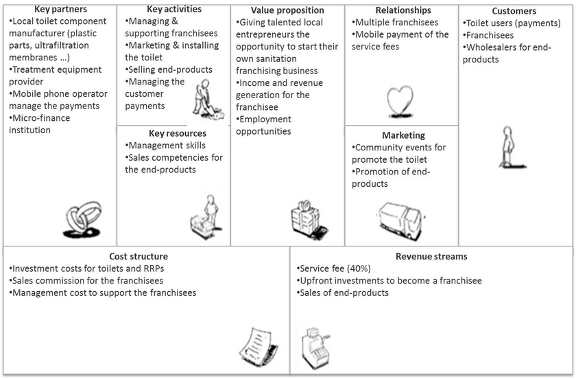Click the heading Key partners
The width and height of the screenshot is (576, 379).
(60, 9)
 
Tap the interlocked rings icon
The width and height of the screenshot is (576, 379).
(82, 219)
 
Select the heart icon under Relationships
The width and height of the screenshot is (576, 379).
(400, 102)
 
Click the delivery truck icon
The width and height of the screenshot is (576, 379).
(400, 221)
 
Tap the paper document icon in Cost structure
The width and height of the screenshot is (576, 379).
(259, 345)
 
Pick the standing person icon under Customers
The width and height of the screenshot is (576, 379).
(512, 147)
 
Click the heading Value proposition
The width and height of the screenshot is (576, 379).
(287, 10)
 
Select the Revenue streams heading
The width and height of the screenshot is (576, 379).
(431, 257)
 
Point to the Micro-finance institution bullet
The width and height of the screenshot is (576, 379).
(39, 124)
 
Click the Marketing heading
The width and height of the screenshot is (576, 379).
(403, 135)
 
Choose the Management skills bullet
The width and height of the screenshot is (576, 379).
(165, 146)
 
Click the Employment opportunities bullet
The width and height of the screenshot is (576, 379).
(263, 125)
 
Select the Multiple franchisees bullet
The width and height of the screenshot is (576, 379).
(395, 23)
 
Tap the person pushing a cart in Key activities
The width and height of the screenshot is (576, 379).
(208, 100)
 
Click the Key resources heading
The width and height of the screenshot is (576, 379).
(178, 133)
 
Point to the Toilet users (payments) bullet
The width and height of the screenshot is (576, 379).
(512, 23)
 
